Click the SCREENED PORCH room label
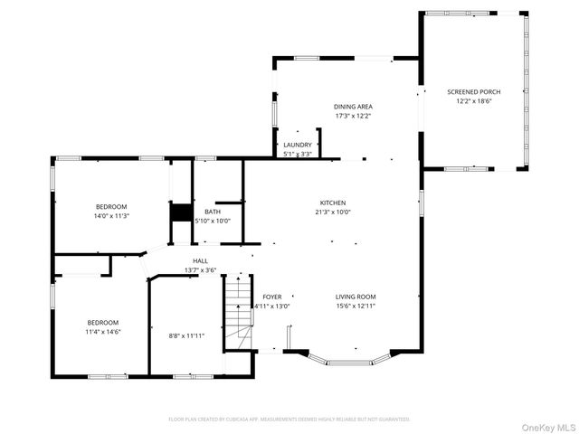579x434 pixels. point(473,92)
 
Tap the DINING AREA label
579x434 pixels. point(353,106)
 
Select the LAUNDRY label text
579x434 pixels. point(298,145)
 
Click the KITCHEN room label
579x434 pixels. point(332,203)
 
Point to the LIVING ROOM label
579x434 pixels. point(356,297)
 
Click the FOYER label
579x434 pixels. point(272,297)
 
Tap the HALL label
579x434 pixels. point(200,260)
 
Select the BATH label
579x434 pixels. point(212,212)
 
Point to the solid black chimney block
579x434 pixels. point(181,213)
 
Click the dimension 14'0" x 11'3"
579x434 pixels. point(111,216)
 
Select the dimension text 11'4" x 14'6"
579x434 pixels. point(102,332)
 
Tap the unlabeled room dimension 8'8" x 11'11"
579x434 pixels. point(186,335)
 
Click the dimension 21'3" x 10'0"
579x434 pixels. point(332,212)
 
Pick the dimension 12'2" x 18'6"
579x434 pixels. point(473,102)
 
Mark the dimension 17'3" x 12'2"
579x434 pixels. point(353,116)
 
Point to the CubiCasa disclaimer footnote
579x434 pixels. point(289,420)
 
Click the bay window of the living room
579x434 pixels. point(348,360)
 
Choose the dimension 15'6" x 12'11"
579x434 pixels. point(356,307)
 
